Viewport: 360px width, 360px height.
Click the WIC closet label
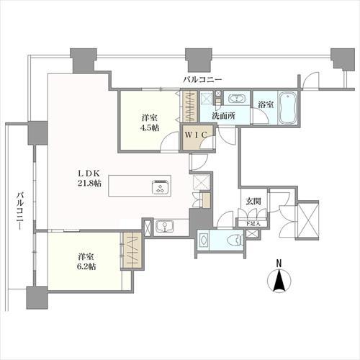[x=196, y=135]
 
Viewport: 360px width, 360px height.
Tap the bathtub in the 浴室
[x=287, y=107]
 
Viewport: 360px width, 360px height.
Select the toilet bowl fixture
[x=235, y=240]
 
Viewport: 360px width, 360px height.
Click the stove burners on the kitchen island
[x=161, y=186]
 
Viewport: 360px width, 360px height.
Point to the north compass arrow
[x=279, y=280]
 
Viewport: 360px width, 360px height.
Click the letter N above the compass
[x=279, y=264]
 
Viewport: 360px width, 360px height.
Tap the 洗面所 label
[x=223, y=116]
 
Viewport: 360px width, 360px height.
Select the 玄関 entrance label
[x=253, y=201]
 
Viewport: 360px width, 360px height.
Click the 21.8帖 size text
[x=89, y=184]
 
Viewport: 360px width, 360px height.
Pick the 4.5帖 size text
[x=149, y=127]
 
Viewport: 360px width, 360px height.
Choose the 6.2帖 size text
[x=86, y=266]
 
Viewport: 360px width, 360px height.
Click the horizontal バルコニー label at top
[x=202, y=79]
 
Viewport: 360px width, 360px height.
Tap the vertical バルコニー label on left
[x=20, y=211]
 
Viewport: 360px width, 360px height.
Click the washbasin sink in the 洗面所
[x=237, y=99]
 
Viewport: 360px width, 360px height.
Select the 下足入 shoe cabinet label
[x=253, y=223]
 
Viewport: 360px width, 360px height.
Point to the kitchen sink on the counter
[x=165, y=227]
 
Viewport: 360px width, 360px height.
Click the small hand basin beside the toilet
[x=203, y=240]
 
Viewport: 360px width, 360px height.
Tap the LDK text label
[x=89, y=174]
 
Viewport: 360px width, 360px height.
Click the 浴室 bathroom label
[x=266, y=104]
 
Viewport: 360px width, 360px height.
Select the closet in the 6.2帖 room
[x=132, y=250]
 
